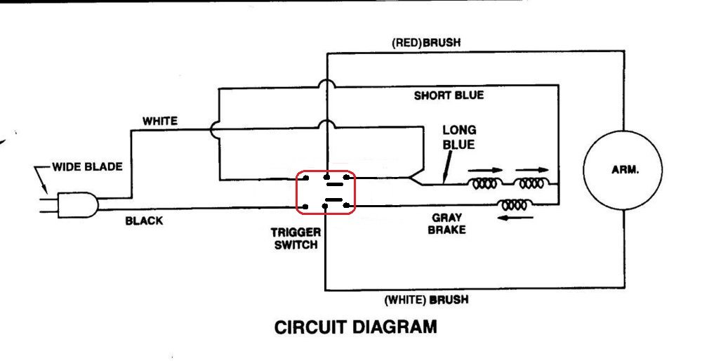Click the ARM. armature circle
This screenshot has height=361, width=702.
(x=623, y=171)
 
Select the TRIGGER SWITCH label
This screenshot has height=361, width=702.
(x=296, y=238)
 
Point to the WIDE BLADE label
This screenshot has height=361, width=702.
(x=87, y=167)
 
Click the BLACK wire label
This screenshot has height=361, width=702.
(x=144, y=221)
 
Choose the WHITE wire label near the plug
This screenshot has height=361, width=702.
(x=160, y=121)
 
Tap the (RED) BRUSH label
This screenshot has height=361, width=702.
(x=426, y=43)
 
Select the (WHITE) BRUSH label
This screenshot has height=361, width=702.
(x=426, y=300)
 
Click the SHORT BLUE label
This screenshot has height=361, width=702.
(x=449, y=96)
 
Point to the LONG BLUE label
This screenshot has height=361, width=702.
(x=459, y=137)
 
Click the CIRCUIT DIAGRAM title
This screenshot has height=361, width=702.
(x=355, y=327)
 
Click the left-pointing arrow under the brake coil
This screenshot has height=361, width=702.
(x=516, y=218)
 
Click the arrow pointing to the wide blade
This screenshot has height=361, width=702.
(x=40, y=179)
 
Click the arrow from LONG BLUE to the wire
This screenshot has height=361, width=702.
(x=448, y=166)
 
